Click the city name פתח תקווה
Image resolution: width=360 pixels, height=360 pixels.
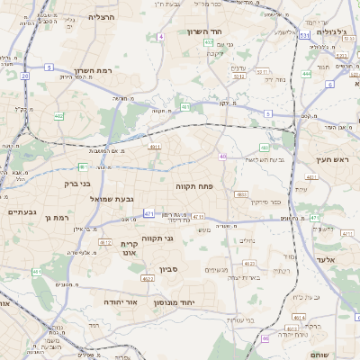point(195,184)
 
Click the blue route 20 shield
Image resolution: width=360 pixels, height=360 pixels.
point(25,76)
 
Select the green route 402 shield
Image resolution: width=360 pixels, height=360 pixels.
point(59,115)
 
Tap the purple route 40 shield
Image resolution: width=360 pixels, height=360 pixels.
point(222,157)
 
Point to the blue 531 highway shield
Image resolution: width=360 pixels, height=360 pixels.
point(305,36)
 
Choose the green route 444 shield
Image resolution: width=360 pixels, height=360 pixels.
point(307,73)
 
